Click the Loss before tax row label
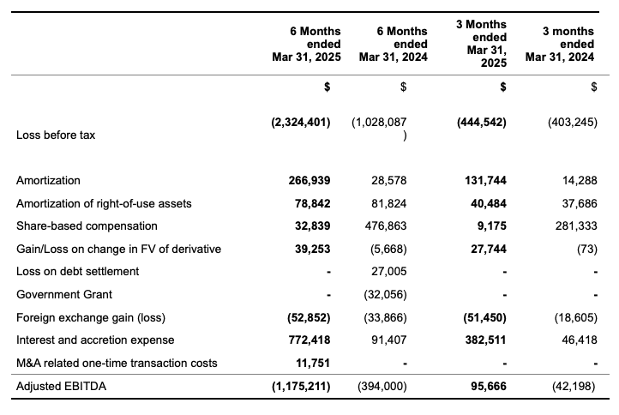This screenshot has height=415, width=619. coord(56,135)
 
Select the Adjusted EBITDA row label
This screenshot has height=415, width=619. coord(61,386)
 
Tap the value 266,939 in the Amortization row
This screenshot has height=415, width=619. coord(309,180)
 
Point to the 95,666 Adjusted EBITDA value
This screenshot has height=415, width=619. coord(489,386)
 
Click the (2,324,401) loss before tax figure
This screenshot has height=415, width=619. coord(301,123)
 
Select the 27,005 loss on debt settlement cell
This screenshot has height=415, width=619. coord(389,272)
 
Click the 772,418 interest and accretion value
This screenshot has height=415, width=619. coord(309,340)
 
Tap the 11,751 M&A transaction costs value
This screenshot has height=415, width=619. coord(313,363)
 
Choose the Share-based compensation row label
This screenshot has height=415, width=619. coord(87,226)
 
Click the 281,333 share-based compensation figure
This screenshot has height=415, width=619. coord(576,226)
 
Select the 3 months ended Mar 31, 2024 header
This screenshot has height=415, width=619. coord(560,44)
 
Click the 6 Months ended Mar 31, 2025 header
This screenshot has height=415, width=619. coord(306,44)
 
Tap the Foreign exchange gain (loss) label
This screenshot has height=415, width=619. coord(91,317)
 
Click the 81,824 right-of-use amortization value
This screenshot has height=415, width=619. coord(389,203)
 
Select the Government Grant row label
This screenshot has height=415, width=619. coord(64,295)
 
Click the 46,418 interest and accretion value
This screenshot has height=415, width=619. coord(580,340)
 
